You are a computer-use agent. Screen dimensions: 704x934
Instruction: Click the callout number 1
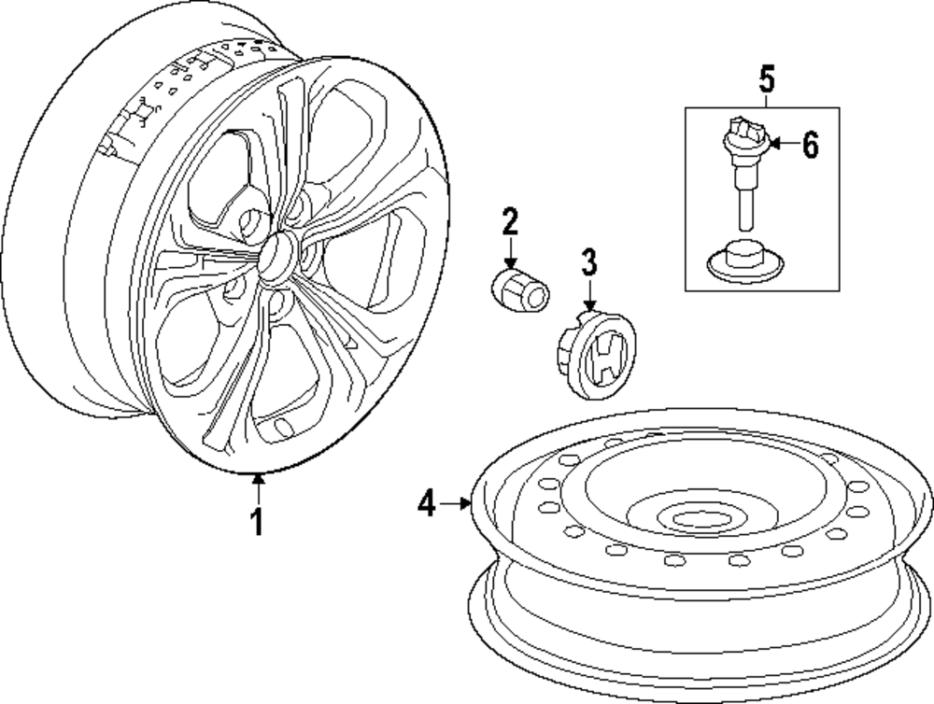(x=258, y=522)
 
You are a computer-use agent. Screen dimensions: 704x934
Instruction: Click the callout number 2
(x=510, y=222)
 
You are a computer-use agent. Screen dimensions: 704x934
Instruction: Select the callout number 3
(x=588, y=262)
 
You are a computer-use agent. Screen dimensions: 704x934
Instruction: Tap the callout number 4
(x=427, y=505)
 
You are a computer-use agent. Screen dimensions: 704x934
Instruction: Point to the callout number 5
(x=766, y=79)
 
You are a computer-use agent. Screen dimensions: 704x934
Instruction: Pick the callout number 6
(x=810, y=145)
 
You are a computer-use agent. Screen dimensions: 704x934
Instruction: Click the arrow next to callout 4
(x=458, y=505)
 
